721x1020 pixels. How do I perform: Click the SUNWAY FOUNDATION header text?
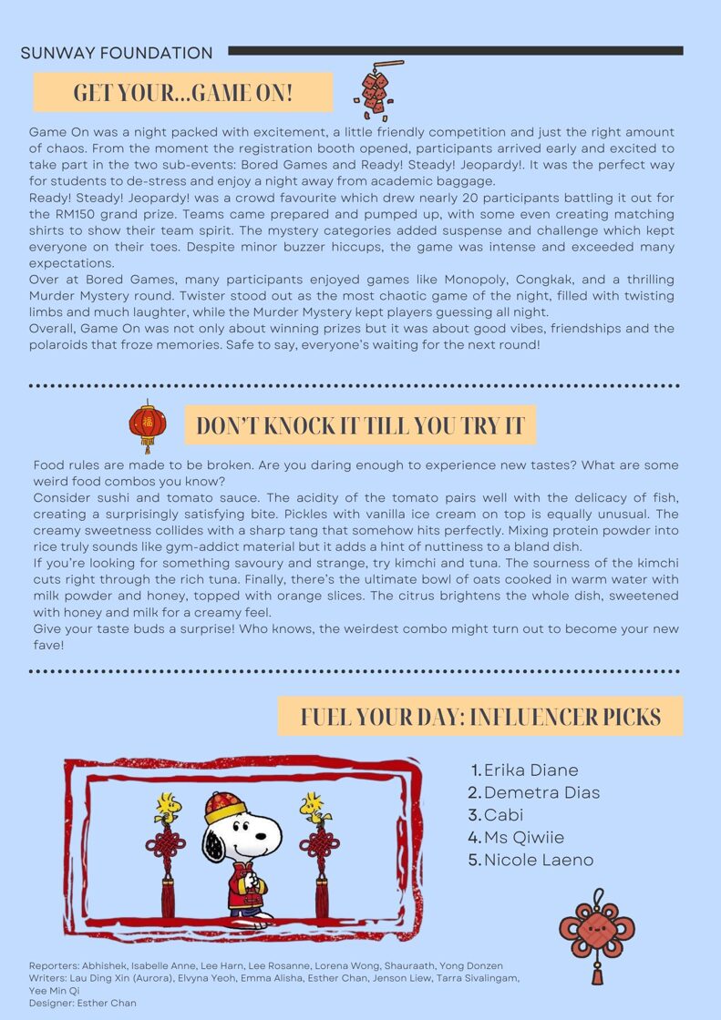[x=117, y=53]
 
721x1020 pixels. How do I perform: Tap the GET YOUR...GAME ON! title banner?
[x=182, y=92]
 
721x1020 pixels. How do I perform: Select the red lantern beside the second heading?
[x=148, y=425]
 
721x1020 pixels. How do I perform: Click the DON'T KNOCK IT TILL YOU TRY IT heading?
[x=360, y=425]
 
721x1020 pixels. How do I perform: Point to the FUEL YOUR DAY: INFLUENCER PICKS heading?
[x=480, y=716]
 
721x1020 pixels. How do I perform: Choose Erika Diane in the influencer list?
[x=530, y=770]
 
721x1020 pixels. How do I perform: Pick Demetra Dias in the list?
[x=541, y=792]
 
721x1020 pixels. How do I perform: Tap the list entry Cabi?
[x=503, y=814]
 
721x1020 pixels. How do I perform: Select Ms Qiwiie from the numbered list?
[x=524, y=837]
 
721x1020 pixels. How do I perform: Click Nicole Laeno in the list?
[x=538, y=860]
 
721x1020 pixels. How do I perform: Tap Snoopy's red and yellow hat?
[x=224, y=806]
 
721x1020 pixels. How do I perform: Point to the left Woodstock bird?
[x=166, y=806]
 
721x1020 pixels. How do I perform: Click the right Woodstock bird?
[x=313, y=805]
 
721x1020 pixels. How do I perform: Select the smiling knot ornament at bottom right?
[x=597, y=933]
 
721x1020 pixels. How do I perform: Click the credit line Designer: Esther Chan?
[x=83, y=1003]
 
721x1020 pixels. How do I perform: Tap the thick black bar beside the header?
[x=455, y=51]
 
